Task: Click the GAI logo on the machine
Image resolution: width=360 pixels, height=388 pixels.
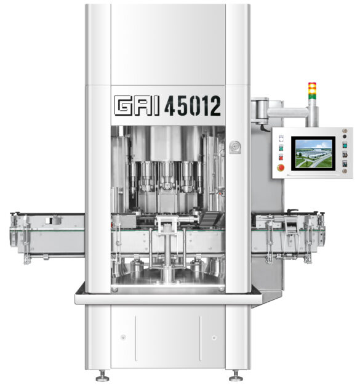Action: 136,106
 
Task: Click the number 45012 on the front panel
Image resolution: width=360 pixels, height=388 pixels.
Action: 193,106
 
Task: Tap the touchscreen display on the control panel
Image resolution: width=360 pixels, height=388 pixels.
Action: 313,153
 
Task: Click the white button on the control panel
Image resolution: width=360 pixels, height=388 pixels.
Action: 281,138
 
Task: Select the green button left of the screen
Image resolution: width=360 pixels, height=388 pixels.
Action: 281,148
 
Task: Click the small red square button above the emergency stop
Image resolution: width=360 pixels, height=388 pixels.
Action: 281,157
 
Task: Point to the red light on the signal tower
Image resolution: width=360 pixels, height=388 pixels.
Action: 312,85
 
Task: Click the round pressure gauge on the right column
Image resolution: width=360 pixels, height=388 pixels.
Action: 234,147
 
